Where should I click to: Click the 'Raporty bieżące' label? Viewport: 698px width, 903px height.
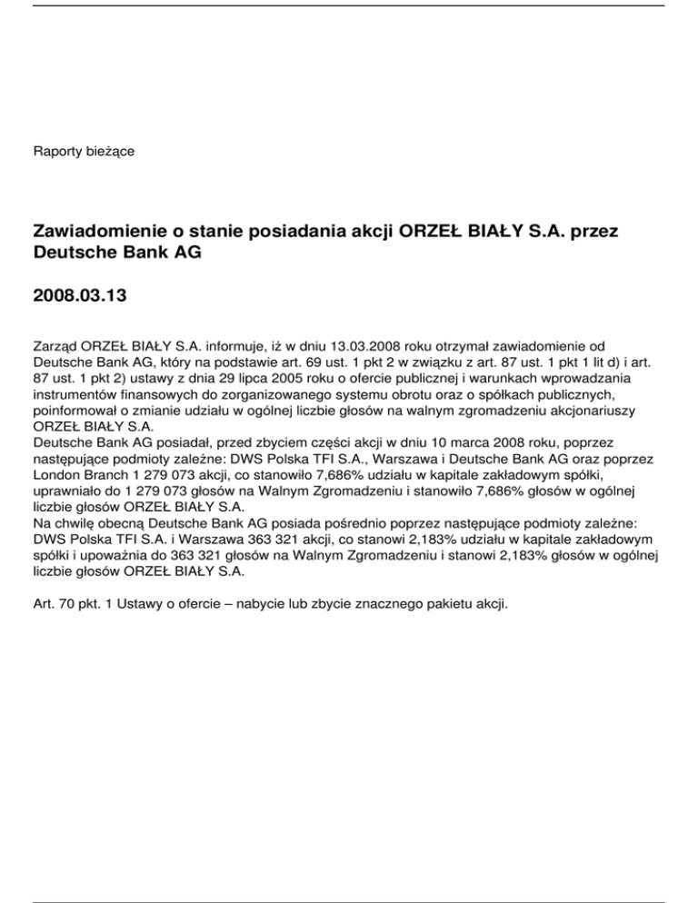tap(84, 150)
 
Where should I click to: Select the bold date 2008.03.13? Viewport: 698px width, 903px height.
tap(80, 296)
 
